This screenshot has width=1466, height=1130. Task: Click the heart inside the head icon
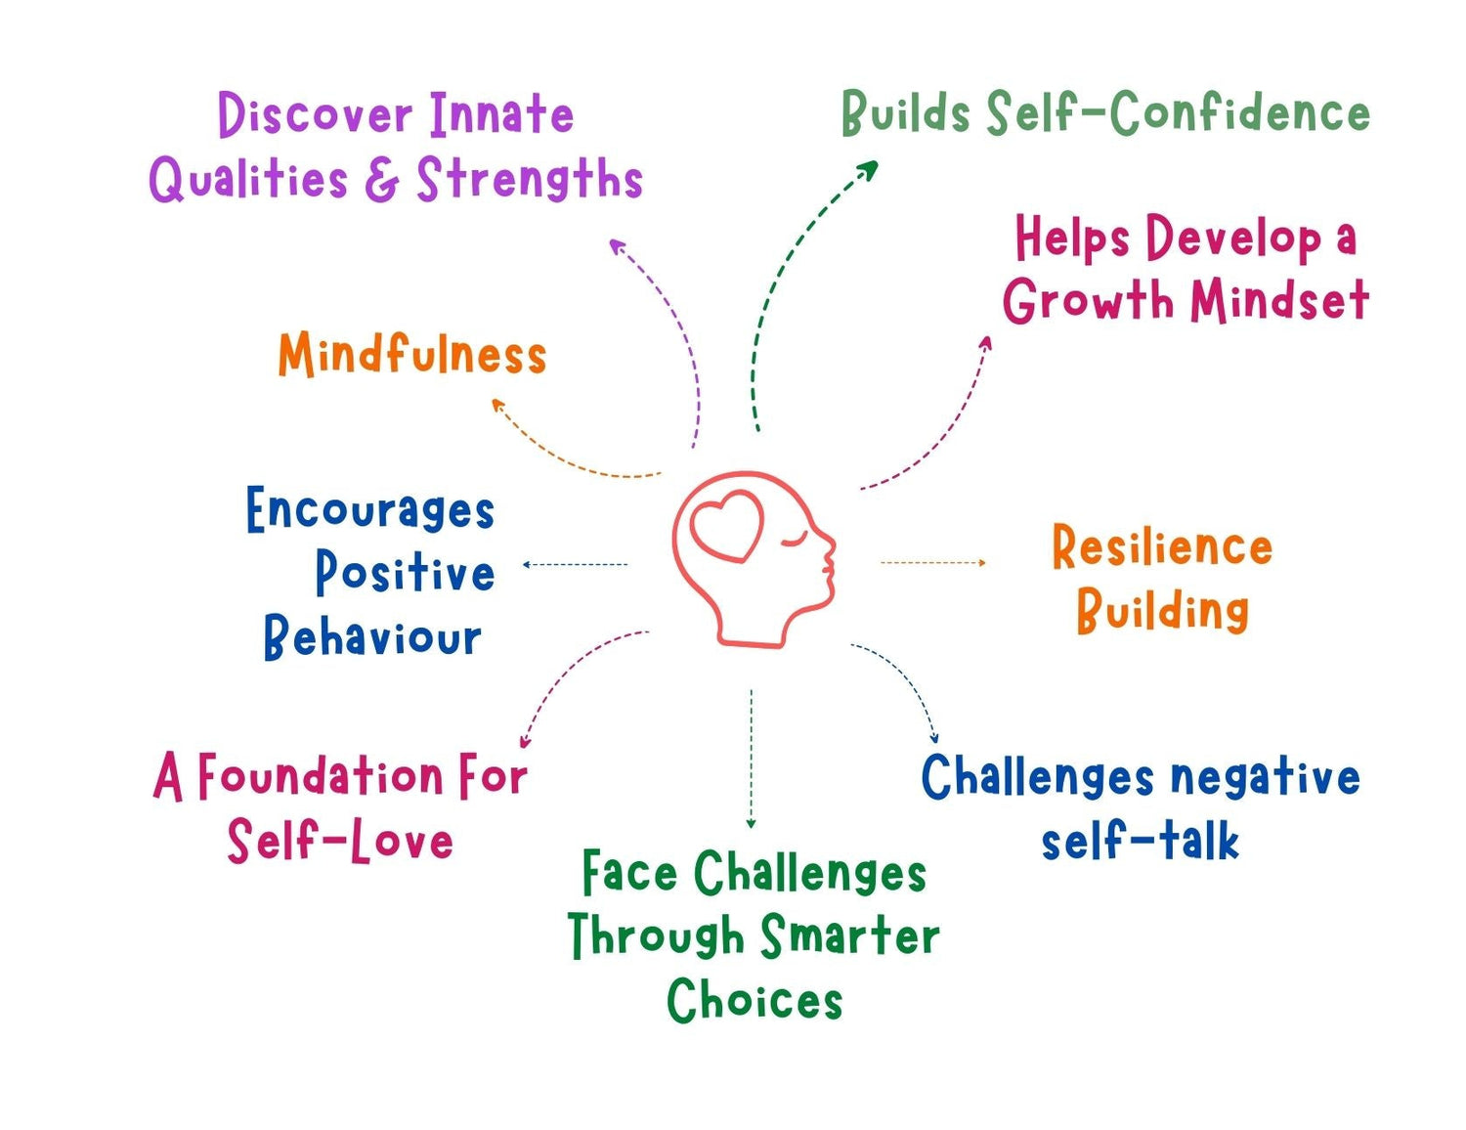(x=727, y=525)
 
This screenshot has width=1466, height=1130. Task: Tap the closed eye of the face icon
(x=796, y=540)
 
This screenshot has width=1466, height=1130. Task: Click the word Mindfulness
(x=411, y=355)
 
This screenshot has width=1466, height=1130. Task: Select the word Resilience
(x=1161, y=546)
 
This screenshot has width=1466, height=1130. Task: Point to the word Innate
(x=501, y=114)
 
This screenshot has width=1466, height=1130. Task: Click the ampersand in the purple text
(x=382, y=180)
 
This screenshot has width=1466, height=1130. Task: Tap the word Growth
(x=1088, y=300)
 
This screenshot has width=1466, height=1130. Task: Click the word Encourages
(x=369, y=510)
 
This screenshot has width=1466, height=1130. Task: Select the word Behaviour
(x=371, y=637)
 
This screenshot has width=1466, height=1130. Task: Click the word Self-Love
(x=340, y=841)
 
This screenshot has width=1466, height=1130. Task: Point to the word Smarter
(x=848, y=935)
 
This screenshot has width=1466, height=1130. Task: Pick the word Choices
(x=754, y=1000)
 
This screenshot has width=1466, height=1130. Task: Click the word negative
(x=1265, y=779)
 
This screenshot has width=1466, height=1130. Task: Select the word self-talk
(x=1140, y=841)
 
